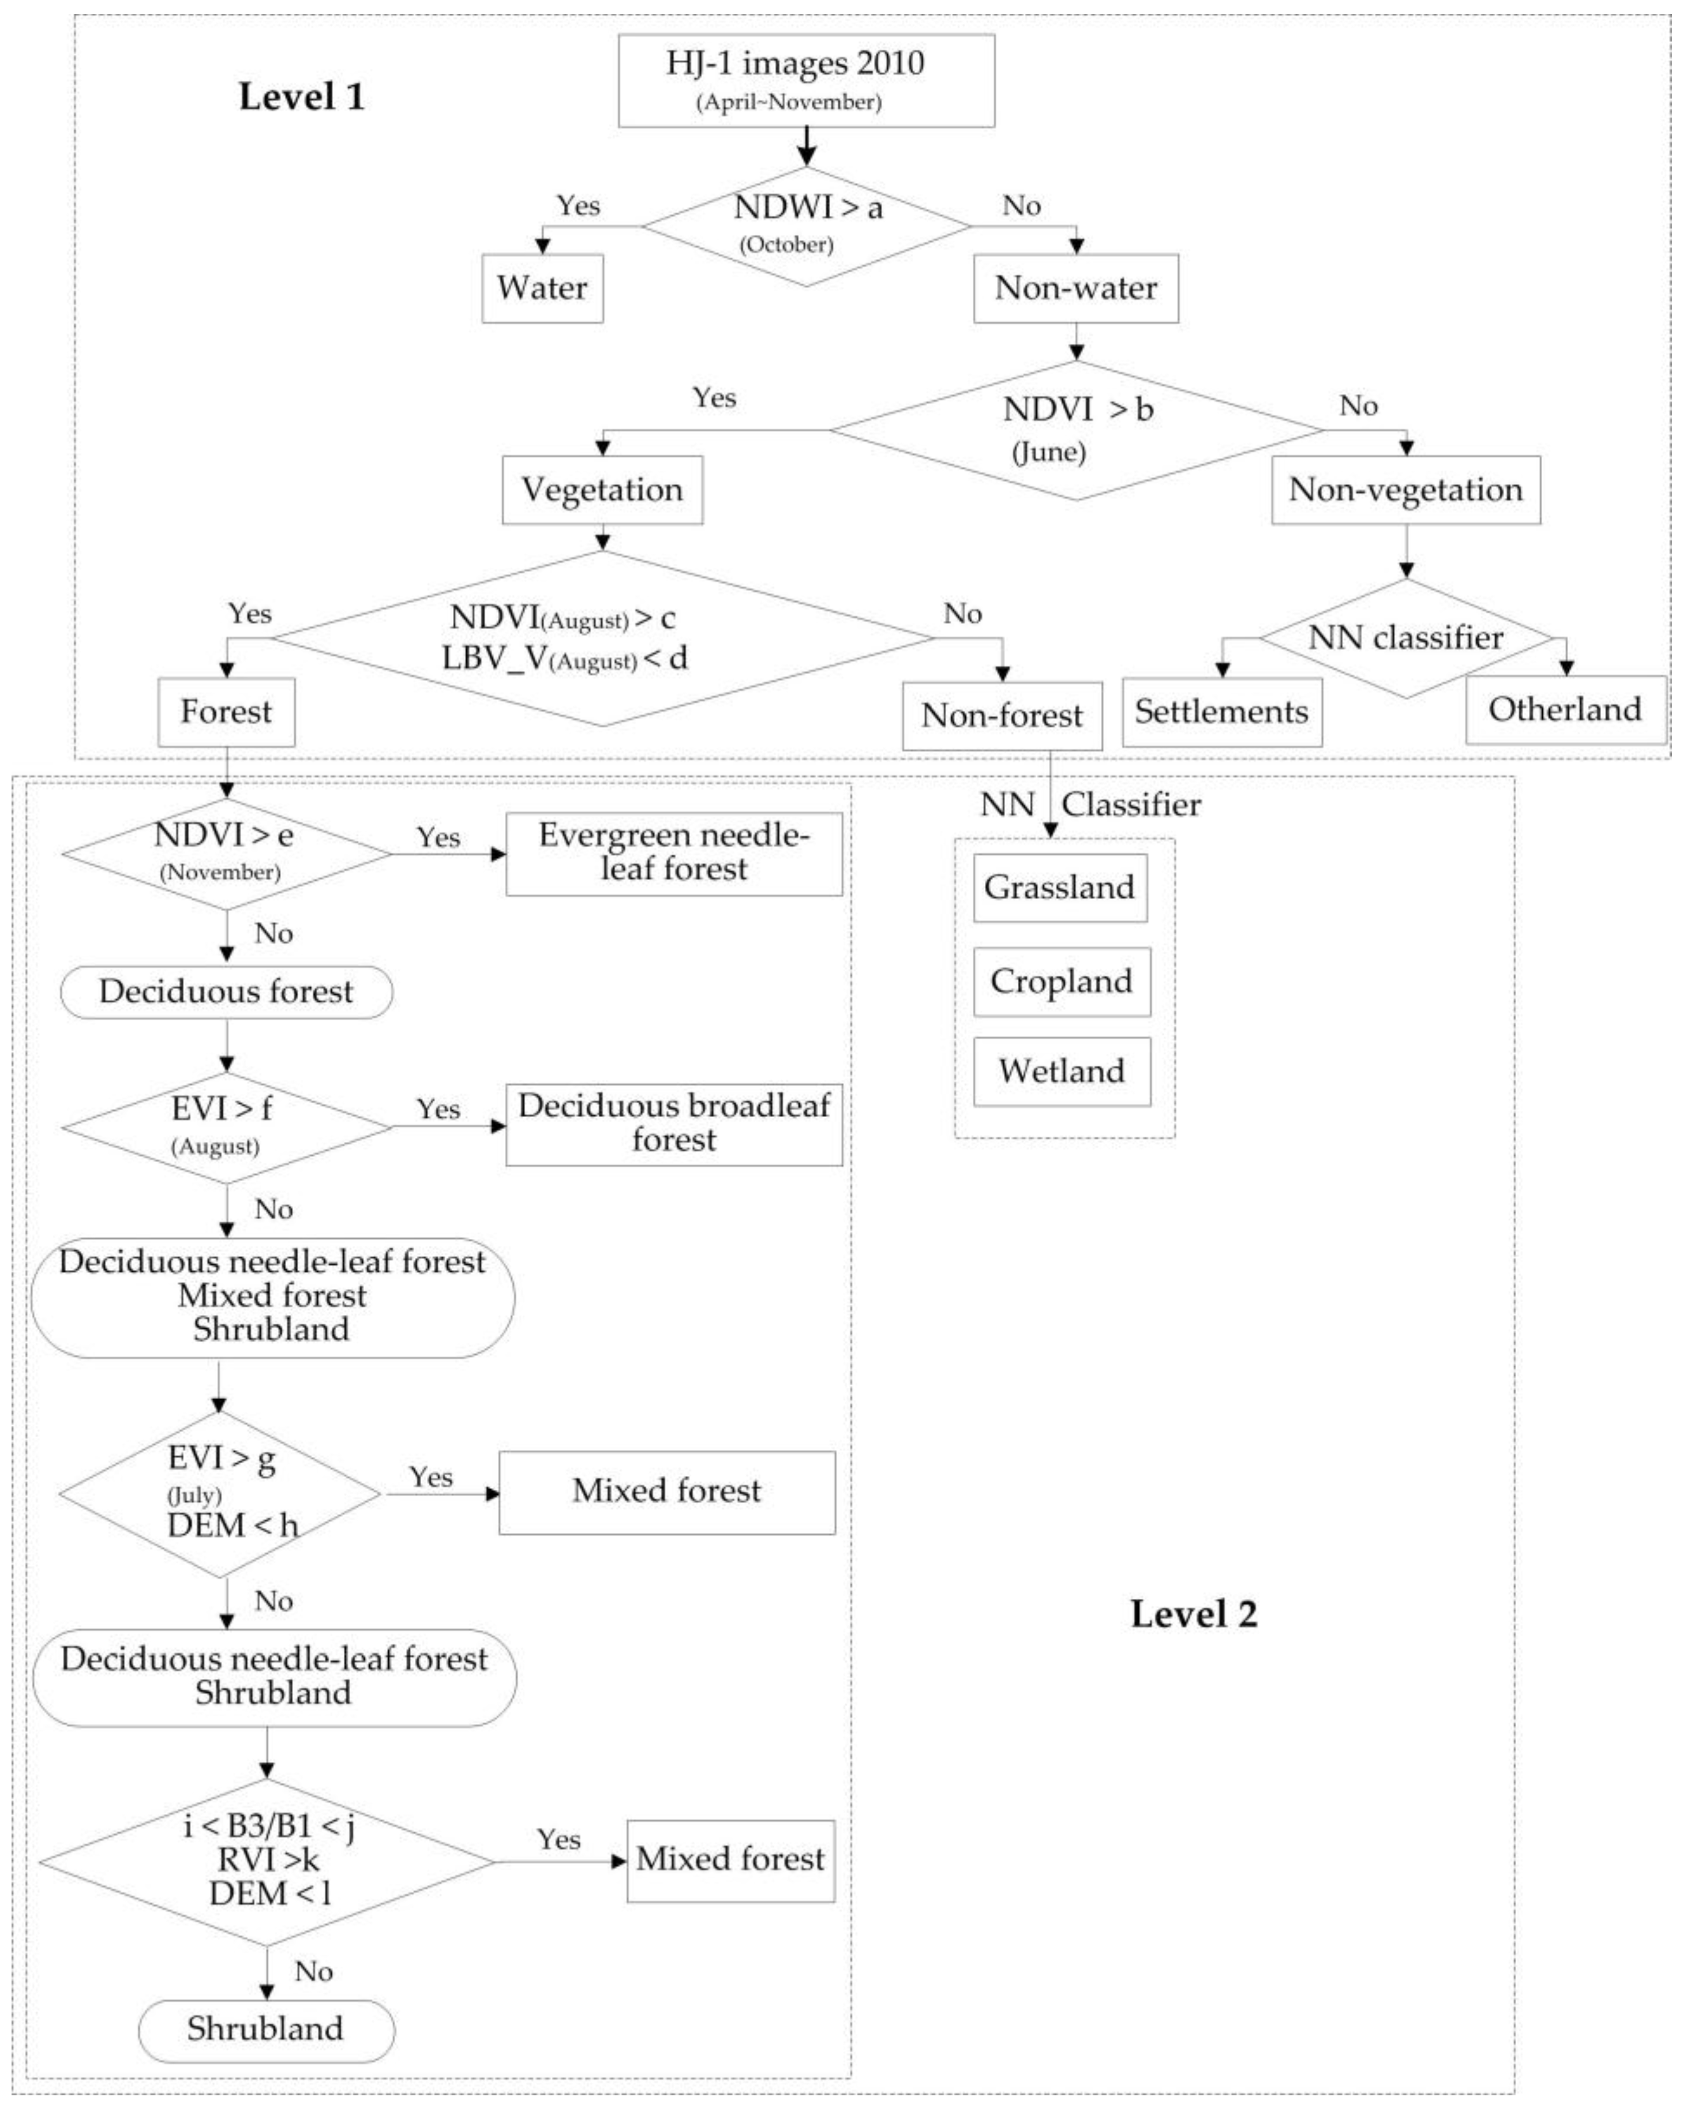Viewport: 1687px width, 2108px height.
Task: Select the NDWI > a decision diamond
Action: (x=806, y=226)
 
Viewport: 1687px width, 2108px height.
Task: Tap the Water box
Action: (x=542, y=288)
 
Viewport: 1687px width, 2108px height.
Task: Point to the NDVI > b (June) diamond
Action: (x=1076, y=430)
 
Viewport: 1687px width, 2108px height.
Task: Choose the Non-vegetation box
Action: (x=1405, y=490)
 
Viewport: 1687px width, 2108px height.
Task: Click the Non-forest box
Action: (x=1002, y=716)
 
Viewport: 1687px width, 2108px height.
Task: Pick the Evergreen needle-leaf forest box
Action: (x=674, y=852)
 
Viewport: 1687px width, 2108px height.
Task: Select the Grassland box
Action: (x=1060, y=888)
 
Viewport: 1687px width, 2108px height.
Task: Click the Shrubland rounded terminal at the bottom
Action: (x=266, y=2030)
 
